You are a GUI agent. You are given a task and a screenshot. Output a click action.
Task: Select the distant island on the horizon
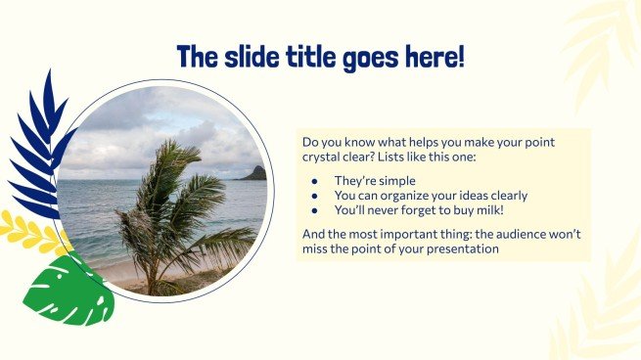tap(253, 173)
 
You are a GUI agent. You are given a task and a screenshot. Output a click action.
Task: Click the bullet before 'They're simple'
tap(314, 181)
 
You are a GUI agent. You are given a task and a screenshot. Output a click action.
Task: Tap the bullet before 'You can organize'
tap(314, 195)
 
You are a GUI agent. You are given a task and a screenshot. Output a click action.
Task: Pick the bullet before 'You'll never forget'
tap(314, 209)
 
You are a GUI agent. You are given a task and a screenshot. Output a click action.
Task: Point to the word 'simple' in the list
tap(395, 181)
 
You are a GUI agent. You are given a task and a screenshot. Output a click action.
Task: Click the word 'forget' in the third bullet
tap(417, 209)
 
